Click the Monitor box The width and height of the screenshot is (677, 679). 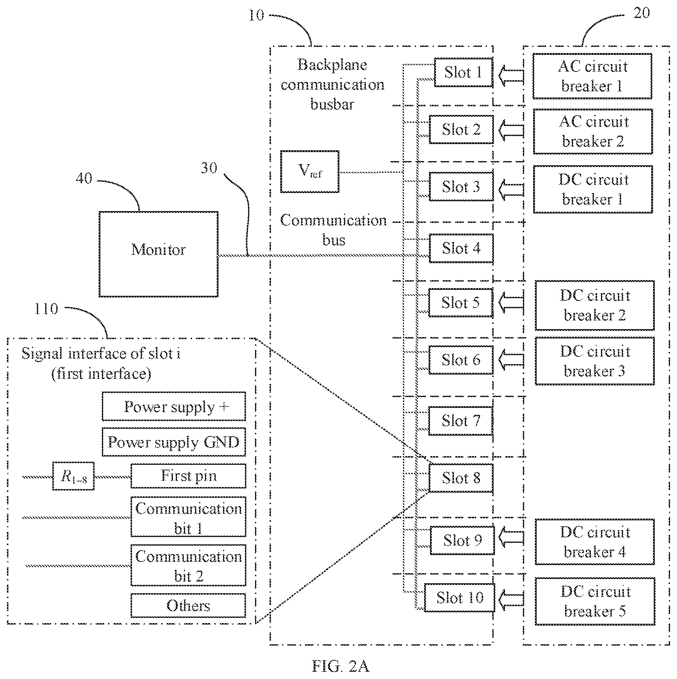click(158, 254)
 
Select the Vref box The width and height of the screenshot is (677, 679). click(309, 171)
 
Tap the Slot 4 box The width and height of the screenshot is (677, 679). click(461, 248)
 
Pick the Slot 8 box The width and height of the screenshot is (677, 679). click(461, 478)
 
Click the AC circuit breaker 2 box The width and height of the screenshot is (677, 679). click(593, 132)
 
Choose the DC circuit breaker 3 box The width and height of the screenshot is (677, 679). click(595, 361)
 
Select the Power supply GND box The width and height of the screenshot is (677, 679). click(174, 442)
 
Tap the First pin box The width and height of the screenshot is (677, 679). click(188, 476)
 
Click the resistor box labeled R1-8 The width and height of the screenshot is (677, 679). click(74, 476)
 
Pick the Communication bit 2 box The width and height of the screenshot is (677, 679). click(188, 565)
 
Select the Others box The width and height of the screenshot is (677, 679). click(188, 605)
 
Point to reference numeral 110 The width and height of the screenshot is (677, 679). click(46, 309)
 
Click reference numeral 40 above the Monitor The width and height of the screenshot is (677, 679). click(84, 178)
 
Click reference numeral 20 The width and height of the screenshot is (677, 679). click(642, 13)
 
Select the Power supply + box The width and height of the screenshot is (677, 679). click(174, 406)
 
